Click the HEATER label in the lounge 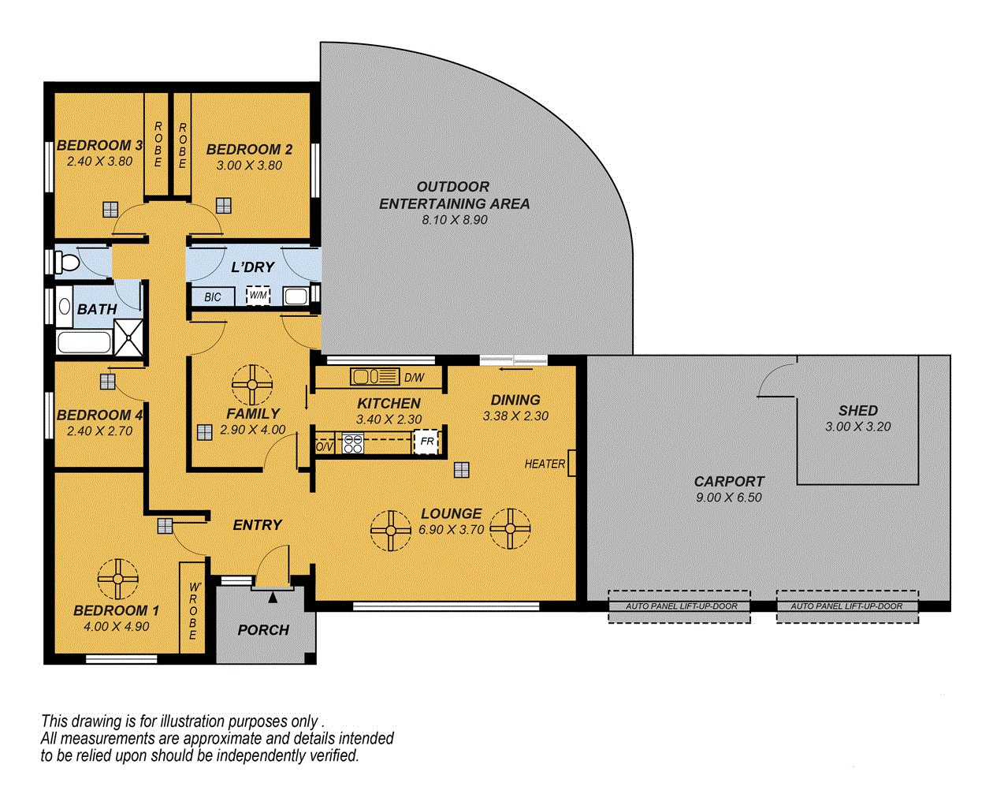pos(545,464)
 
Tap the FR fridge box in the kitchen pos(426,442)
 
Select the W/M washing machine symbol pos(258,296)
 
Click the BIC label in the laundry pos(213,297)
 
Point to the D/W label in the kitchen pos(414,378)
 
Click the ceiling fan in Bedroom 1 pos(117,580)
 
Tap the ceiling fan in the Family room pos(252,385)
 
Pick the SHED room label pos(857,411)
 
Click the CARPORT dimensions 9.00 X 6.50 pos(729,498)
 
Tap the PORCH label pos(263,630)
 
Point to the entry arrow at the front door pos(273,598)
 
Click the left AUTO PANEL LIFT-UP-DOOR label pos(681,606)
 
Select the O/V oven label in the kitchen pos(325,446)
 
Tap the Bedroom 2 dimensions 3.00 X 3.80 pos(249,166)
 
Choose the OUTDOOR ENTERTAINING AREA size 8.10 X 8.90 pos(454,220)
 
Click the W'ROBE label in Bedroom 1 pos(193,610)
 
